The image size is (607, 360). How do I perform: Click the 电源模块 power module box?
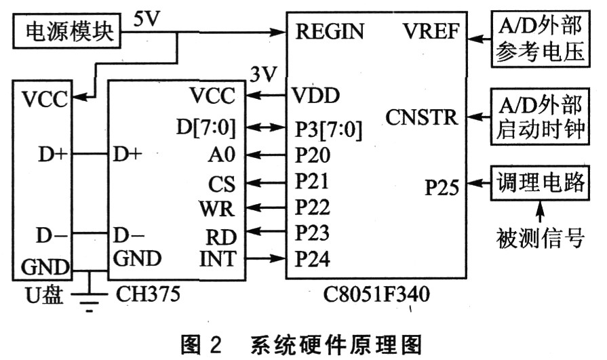coord(66,31)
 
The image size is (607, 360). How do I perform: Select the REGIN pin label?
coord(330,31)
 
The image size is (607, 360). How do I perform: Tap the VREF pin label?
coord(431,31)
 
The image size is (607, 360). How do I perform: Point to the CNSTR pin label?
coord(422,117)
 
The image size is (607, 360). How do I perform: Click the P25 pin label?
coord(442,188)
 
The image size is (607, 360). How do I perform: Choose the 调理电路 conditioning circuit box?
coord(540,183)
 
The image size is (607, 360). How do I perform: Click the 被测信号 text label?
coord(540,237)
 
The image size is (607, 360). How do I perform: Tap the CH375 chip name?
coord(148,294)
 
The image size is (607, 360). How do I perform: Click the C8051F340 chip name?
coord(376,294)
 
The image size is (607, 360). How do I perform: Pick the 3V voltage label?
coord(264,74)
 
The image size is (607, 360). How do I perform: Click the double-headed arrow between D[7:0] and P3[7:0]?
coord(267,127)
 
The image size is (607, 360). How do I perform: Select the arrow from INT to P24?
coord(267,258)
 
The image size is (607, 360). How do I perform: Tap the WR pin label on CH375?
coord(217,209)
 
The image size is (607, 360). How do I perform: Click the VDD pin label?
coord(315,95)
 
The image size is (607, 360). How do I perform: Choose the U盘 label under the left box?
coord(44,295)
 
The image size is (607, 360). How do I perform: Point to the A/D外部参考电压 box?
coord(541,39)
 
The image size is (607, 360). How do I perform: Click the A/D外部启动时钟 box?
coord(540,117)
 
